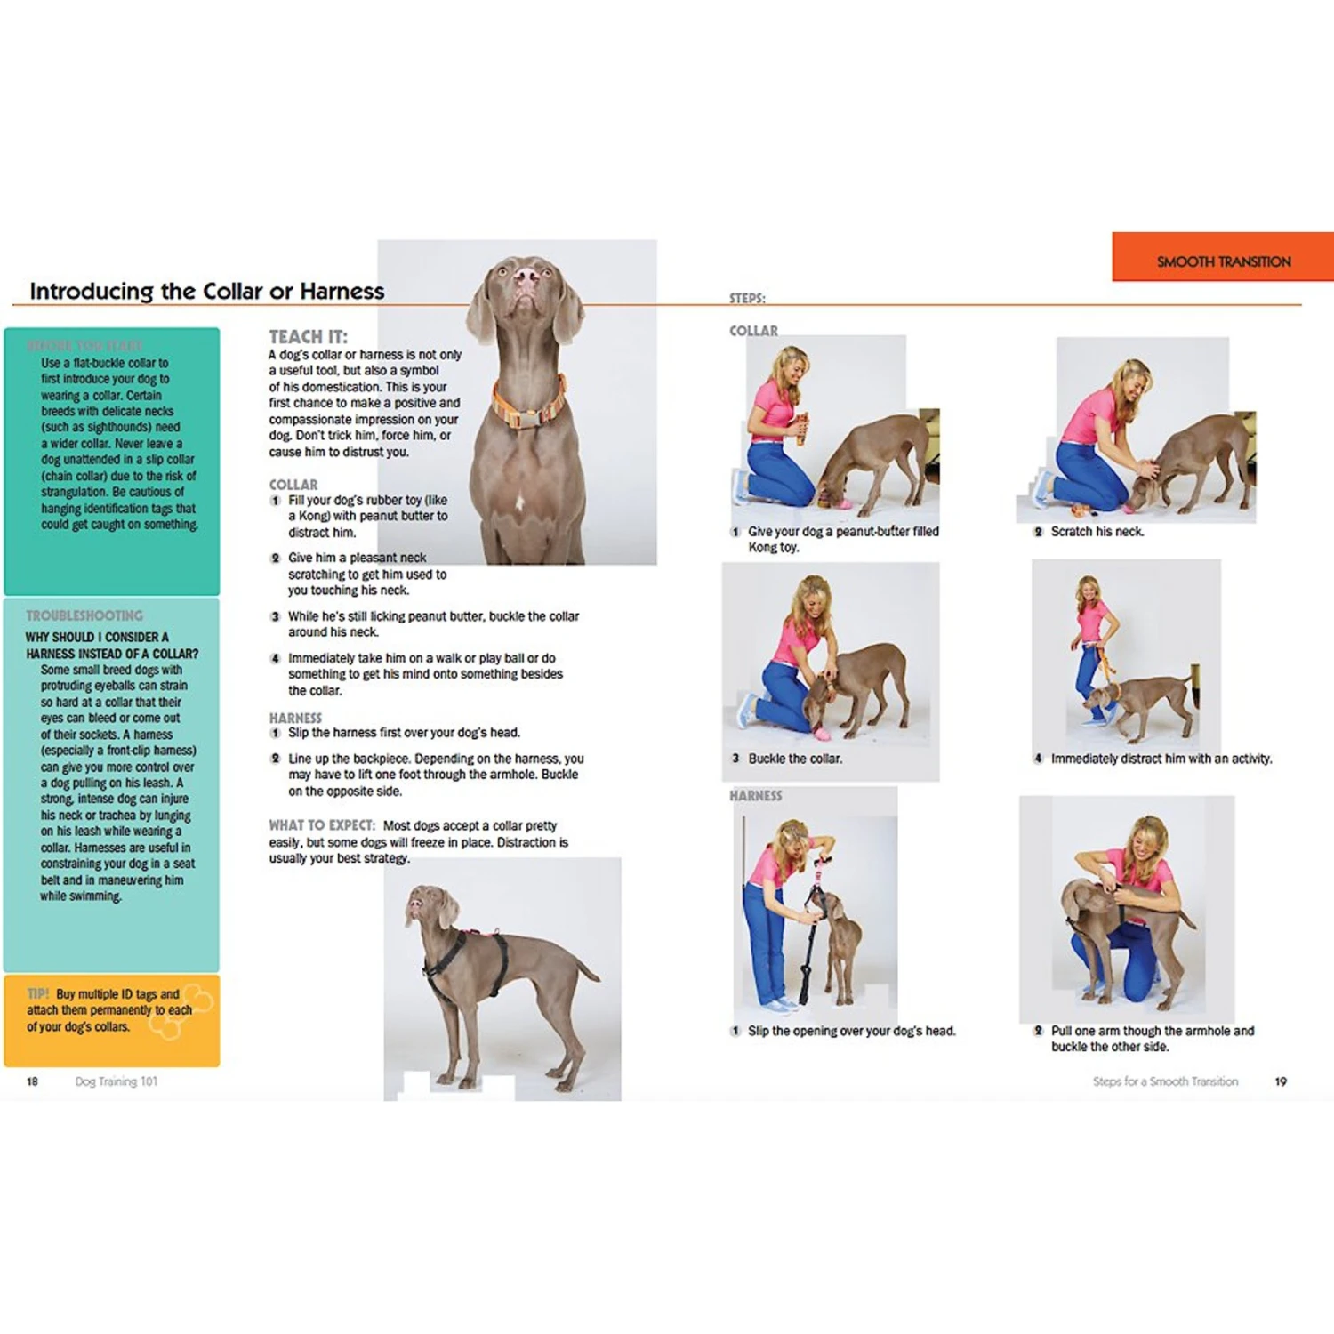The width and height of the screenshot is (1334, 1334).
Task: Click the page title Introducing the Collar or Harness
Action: [x=207, y=291]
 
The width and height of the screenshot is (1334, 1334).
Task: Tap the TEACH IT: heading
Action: [x=309, y=336]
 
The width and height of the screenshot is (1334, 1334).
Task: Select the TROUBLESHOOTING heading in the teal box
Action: [x=84, y=615]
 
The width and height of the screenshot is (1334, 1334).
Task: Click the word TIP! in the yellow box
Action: [x=38, y=993]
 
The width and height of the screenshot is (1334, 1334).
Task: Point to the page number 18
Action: [x=32, y=1081]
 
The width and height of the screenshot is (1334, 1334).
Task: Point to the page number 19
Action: [x=1281, y=1081]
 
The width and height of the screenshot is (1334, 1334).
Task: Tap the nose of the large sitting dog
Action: [x=526, y=276]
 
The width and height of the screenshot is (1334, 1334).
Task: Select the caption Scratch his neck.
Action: [x=1097, y=532]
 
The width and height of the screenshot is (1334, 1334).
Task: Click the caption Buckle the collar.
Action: [x=794, y=759]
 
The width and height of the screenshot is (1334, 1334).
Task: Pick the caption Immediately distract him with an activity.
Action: [x=1161, y=759]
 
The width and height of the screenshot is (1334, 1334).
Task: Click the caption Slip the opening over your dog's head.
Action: [x=851, y=1031]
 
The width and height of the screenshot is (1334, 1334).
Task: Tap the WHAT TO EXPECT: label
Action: [x=322, y=825]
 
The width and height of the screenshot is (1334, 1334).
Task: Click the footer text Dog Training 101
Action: [x=117, y=1081]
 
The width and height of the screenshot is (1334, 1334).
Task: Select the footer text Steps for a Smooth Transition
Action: [x=1165, y=1081]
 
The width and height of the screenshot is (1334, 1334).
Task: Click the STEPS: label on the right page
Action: [x=747, y=299]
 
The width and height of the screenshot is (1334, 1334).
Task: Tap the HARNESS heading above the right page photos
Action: [x=756, y=796]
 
